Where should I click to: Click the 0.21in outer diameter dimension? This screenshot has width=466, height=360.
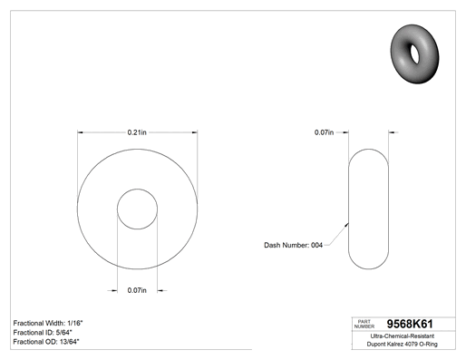pos(137,132)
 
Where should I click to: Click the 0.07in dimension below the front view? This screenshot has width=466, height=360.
pos(137,290)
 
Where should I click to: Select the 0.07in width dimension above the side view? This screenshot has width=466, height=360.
pos(324,132)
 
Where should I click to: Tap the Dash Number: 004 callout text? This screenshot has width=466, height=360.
pos(293,245)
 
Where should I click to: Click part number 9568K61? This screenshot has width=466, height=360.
pos(410,324)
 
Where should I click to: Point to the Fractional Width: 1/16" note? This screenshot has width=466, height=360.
pos(48,323)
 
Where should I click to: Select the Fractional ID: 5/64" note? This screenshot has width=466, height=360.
pos(43,333)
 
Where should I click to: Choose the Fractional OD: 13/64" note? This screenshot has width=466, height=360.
pos(46,342)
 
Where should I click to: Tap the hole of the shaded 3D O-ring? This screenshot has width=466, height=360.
pos(414,54)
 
